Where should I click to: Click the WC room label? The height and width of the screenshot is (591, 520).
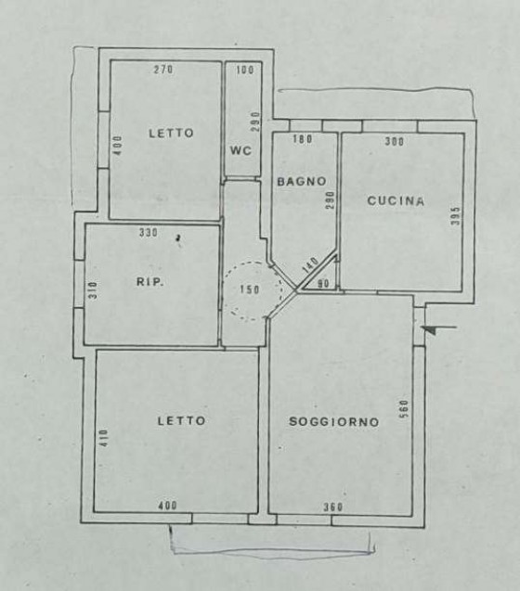[240, 150]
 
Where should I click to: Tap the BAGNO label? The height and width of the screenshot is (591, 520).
[302, 182]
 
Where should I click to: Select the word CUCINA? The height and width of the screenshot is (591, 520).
[396, 201]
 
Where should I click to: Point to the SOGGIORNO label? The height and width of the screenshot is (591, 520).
[334, 421]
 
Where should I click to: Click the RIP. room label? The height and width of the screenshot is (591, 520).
[150, 281]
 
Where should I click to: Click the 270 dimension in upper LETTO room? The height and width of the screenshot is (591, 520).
[163, 70]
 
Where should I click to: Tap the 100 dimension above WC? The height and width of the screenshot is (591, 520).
[245, 70]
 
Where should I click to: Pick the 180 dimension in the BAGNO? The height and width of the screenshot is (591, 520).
[303, 139]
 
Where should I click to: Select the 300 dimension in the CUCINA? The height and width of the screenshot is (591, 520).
[395, 141]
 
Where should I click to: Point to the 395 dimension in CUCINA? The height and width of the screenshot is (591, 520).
[456, 215]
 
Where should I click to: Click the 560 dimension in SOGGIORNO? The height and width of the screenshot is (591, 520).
[404, 409]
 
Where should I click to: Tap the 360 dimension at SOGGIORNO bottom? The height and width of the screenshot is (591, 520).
[333, 507]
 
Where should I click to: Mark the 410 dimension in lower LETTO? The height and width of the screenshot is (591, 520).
[104, 438]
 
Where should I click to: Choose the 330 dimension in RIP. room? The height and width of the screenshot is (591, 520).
[149, 233]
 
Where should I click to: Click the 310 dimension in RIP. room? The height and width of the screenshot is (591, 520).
[93, 289]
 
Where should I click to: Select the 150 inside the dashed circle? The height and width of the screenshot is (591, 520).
[250, 289]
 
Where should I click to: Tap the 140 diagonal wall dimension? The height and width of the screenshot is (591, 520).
[311, 265]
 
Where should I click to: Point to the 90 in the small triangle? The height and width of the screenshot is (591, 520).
[323, 284]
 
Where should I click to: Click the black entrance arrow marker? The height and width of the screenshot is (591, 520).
[430, 330]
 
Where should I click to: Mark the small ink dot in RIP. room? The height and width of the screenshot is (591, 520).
[178, 238]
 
